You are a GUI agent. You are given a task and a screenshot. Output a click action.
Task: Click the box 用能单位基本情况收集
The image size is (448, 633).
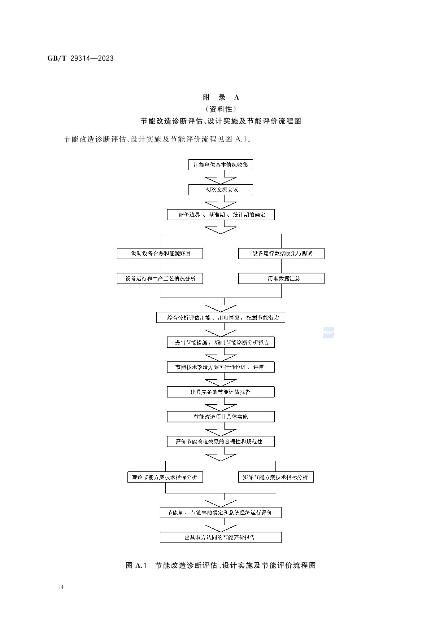pos(221,165)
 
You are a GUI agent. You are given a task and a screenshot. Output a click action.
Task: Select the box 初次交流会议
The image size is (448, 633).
pos(221,190)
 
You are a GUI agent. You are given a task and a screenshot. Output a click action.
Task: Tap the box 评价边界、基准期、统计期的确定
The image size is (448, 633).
pos(221,215)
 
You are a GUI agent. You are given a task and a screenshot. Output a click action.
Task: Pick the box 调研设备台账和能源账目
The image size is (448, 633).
pos(160,254)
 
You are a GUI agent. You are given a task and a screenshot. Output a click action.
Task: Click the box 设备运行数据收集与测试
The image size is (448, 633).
pos(281,254)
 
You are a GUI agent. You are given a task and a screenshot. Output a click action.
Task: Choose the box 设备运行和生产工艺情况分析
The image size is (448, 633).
pos(160,278)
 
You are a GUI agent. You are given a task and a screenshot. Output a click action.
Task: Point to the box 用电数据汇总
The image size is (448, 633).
pos(281,278)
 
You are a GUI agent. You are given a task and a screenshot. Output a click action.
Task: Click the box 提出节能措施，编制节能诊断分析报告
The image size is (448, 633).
pos(221,342)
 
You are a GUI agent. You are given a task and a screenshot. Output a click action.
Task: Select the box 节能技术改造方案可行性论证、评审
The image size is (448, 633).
pos(221,367)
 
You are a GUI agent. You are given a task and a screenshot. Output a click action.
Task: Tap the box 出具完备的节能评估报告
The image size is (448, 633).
pos(221,392)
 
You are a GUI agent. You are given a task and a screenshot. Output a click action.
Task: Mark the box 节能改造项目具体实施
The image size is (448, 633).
pos(221,417)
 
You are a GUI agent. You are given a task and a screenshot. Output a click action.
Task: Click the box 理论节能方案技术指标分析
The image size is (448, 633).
pos(165,477)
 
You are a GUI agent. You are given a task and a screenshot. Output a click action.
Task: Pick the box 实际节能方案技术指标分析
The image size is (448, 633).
pos(276,477)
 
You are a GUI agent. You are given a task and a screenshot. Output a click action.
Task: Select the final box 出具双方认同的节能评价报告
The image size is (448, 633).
pos(221,537)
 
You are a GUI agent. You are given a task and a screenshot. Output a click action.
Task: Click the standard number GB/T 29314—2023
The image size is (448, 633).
pos(81,58)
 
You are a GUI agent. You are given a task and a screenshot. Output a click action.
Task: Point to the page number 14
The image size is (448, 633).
pos(60,587)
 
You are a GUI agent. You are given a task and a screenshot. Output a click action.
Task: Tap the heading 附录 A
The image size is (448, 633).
pos(221,97)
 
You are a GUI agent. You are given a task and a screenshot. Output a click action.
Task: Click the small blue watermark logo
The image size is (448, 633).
pos(328,333)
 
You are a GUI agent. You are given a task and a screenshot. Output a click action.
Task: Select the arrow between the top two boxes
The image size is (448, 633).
pos(221,177)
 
